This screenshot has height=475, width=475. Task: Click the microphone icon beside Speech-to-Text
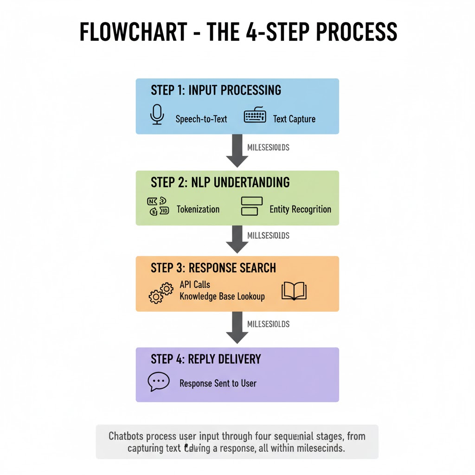click(x=158, y=115)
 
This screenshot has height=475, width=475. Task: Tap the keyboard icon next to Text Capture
click(x=255, y=116)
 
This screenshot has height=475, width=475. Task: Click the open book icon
click(x=294, y=291)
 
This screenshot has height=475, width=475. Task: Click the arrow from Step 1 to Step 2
click(x=237, y=151)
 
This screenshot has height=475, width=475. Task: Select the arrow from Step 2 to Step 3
click(x=237, y=239)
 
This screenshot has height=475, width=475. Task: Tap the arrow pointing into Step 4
click(x=237, y=327)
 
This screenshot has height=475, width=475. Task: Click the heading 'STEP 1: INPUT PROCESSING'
click(x=216, y=90)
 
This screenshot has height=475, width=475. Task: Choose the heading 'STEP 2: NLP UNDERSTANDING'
click(x=220, y=182)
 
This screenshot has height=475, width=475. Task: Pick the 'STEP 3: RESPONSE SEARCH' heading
click(x=213, y=268)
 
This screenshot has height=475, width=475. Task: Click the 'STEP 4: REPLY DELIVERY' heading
click(x=205, y=359)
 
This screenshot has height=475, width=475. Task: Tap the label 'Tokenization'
click(x=198, y=209)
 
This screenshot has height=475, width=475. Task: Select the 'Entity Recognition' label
click(x=300, y=209)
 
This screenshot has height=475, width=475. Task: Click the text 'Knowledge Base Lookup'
click(x=222, y=296)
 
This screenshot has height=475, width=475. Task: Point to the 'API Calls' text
click(x=195, y=284)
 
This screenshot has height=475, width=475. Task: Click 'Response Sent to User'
click(x=218, y=384)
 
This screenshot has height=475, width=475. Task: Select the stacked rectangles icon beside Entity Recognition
click(x=252, y=206)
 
